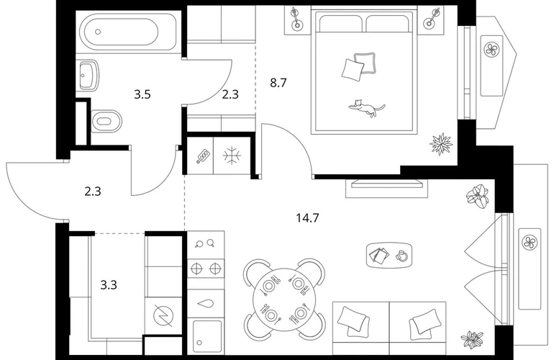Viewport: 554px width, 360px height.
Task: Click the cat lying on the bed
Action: [367, 107]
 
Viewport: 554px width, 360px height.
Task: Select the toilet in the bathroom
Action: [106, 121]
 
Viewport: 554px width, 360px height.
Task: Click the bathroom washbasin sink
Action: [88, 76]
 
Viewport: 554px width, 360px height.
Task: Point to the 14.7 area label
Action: [307, 218]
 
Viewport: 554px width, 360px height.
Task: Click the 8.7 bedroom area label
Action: [278, 83]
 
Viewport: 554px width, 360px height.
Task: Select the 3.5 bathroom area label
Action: [142, 94]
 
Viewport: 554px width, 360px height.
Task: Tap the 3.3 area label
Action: [109, 284]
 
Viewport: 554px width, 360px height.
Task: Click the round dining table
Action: [284, 299]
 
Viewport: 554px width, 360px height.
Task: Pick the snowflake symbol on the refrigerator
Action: [232, 156]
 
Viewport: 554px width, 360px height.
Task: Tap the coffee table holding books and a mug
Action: [390, 255]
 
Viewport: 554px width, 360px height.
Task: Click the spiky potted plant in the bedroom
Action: [441, 143]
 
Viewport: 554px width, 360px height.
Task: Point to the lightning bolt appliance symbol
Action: [163, 315]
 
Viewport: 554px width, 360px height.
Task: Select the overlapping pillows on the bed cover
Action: [358, 66]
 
